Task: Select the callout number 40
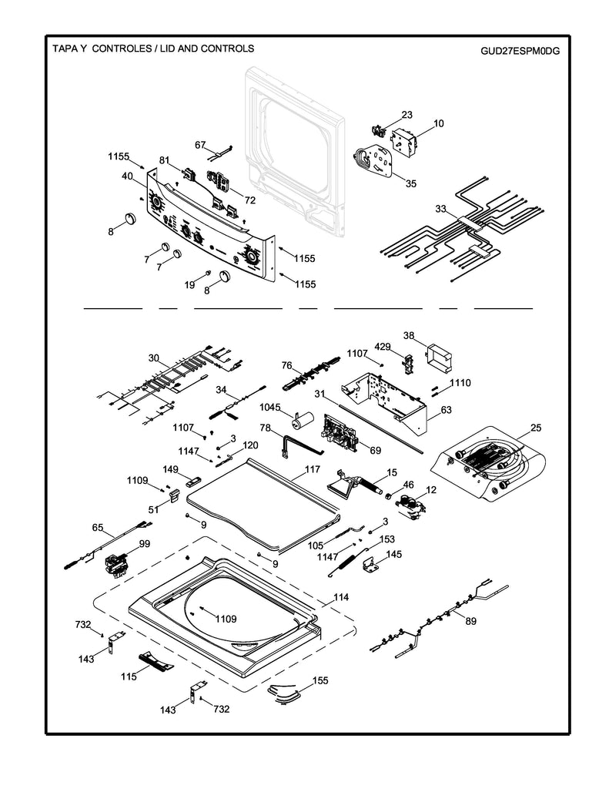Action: pyautogui.click(x=126, y=176)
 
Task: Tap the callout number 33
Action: pyautogui.click(x=440, y=209)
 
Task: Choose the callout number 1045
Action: pyautogui.click(x=270, y=407)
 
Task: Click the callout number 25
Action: pyautogui.click(x=536, y=428)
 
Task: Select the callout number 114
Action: pyautogui.click(x=341, y=598)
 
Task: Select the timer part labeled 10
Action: pyautogui.click(x=410, y=143)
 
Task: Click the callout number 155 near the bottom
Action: pyautogui.click(x=320, y=681)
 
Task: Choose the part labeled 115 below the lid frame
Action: pyautogui.click(x=156, y=661)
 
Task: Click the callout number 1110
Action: pyautogui.click(x=460, y=383)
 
